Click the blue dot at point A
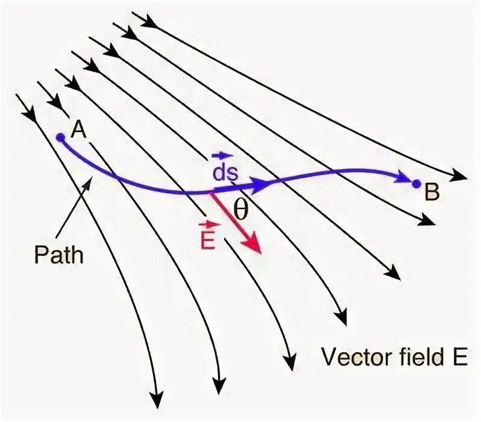60,137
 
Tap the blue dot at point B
416,183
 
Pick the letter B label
432,193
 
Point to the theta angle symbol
241,209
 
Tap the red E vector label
207,237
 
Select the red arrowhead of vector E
254,245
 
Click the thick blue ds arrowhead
260,185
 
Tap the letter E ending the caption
460,357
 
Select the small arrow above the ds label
225,156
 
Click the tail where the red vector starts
212,193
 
